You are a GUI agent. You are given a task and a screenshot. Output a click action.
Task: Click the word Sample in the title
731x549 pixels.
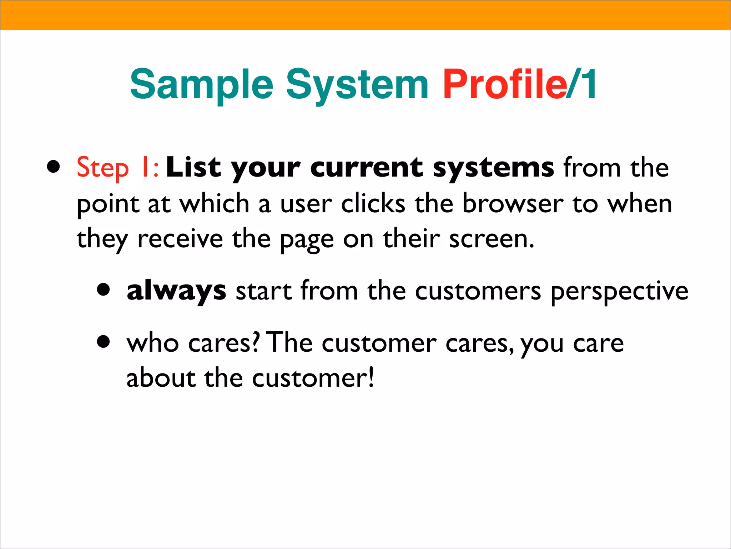point(202,85)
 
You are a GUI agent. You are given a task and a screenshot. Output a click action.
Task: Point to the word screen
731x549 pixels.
point(491,239)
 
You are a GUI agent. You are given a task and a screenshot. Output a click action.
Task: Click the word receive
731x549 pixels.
point(180,239)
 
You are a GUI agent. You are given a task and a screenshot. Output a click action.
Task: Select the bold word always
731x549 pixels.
point(176,291)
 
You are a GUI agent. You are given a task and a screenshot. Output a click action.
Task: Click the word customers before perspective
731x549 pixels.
point(478,291)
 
